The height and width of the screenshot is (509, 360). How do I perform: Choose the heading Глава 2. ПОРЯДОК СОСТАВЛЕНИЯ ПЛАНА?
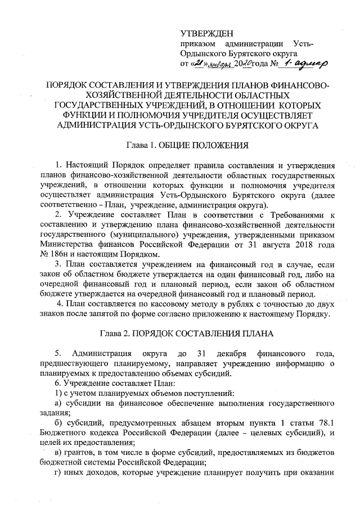[186, 334]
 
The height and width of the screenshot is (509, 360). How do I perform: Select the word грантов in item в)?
[84, 453]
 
